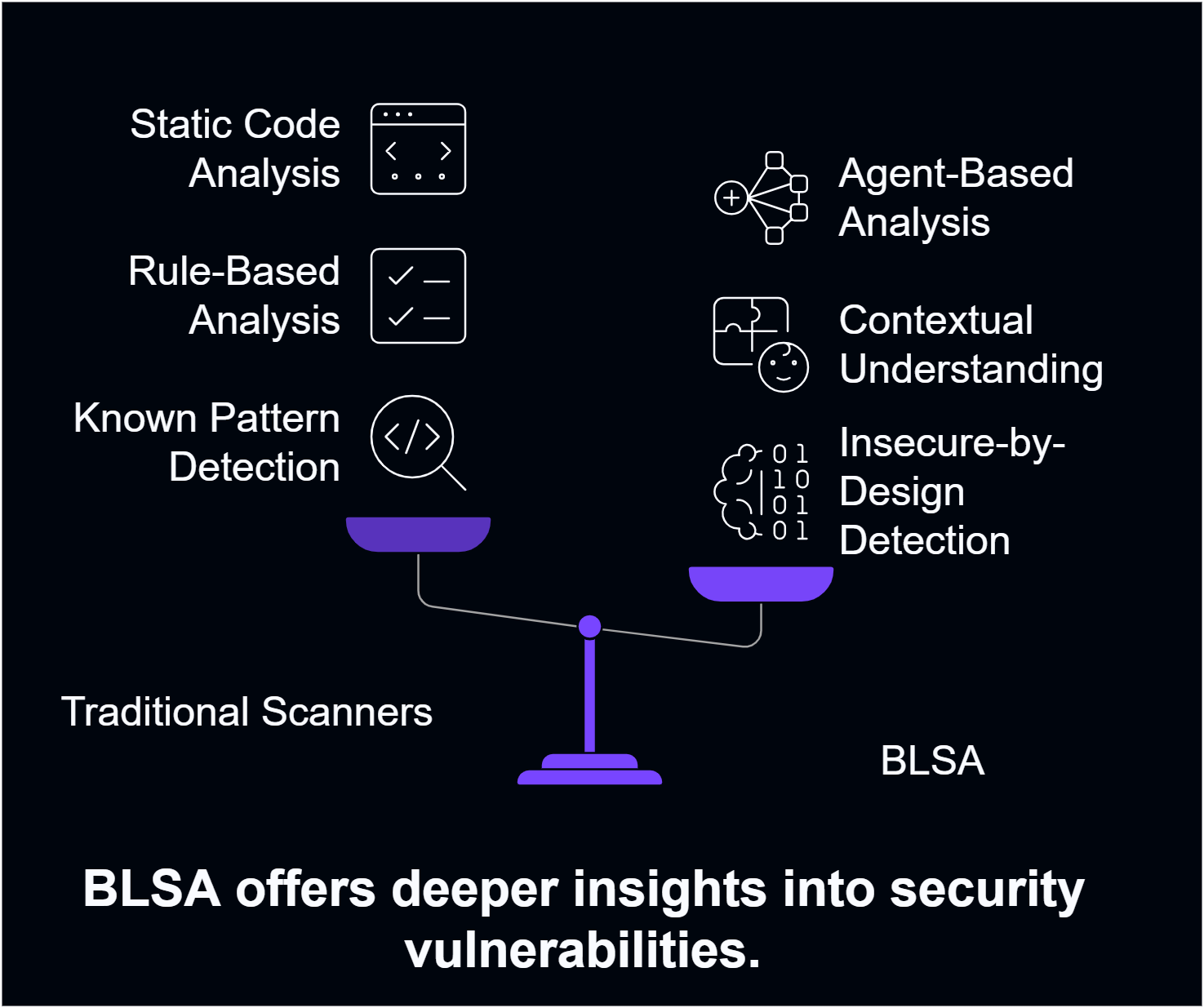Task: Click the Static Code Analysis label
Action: [x=235, y=149]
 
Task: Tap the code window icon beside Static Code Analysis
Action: [x=418, y=149]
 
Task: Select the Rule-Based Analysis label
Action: [x=234, y=295]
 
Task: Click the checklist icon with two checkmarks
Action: [x=418, y=295]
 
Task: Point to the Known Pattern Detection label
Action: [x=207, y=442]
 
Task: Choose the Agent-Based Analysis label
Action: [x=956, y=198]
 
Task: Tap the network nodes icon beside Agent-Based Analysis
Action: [x=763, y=198]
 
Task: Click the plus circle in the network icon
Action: [x=731, y=198]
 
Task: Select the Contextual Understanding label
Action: [x=971, y=344]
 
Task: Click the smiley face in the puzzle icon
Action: [x=784, y=367]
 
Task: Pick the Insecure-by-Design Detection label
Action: [x=952, y=491]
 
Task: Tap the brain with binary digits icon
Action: [x=761, y=491]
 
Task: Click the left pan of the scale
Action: [x=418, y=534]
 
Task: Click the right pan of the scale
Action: [x=761, y=583]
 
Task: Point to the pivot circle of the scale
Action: [x=589, y=626]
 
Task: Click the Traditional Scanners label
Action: [x=247, y=712]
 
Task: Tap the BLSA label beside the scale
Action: [x=932, y=761]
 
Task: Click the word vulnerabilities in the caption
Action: [x=582, y=951]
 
